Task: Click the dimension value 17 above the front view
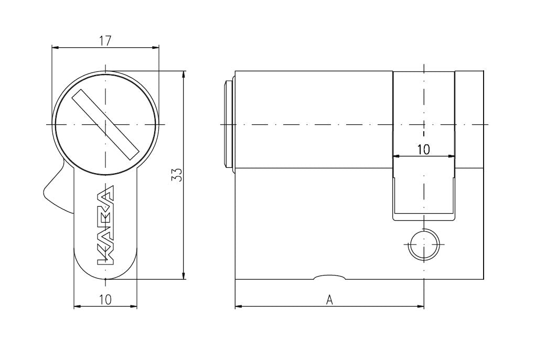click(x=105, y=40)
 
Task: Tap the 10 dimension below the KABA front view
click(x=105, y=299)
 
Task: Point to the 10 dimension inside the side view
click(x=423, y=150)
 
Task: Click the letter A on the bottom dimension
click(x=329, y=300)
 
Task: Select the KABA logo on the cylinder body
click(x=105, y=224)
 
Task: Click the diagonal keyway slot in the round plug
click(x=105, y=124)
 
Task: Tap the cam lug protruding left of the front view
click(x=56, y=192)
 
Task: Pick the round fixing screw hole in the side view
click(x=423, y=245)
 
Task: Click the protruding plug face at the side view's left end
click(x=229, y=124)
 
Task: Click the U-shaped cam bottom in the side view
click(x=423, y=214)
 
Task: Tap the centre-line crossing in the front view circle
click(x=105, y=124)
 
